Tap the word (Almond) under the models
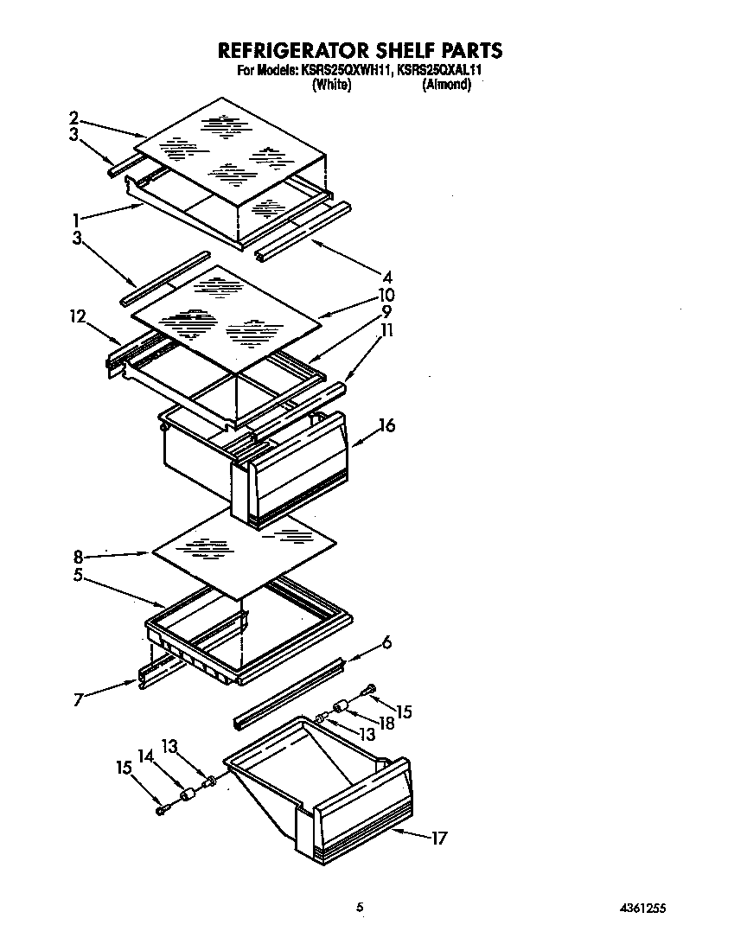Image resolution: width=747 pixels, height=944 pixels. (446, 85)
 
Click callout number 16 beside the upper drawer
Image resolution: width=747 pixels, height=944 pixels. (386, 424)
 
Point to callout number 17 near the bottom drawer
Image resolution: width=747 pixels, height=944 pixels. (439, 838)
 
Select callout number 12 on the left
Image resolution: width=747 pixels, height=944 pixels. (79, 318)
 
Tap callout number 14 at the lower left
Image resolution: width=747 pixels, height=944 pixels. (145, 755)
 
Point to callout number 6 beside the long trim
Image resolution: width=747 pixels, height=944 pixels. (386, 641)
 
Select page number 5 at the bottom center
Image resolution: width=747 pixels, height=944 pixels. (360, 908)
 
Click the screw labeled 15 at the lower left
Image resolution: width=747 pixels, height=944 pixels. (162, 809)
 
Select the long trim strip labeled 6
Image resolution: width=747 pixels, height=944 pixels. (290, 690)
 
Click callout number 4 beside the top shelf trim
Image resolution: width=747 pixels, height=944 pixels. (388, 277)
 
